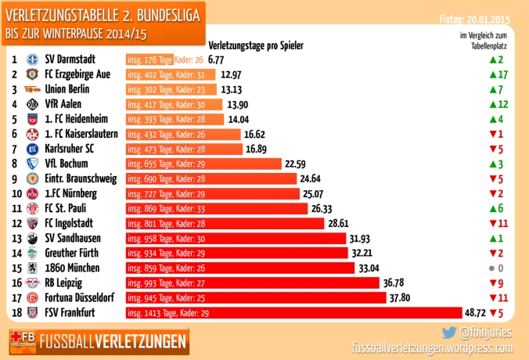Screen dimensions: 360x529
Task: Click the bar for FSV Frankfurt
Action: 308,313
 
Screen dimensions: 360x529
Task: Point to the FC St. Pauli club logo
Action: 32,209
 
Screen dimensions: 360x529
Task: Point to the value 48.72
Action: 498,313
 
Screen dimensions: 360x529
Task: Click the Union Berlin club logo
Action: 32,89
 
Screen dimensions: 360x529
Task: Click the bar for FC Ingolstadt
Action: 225,224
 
